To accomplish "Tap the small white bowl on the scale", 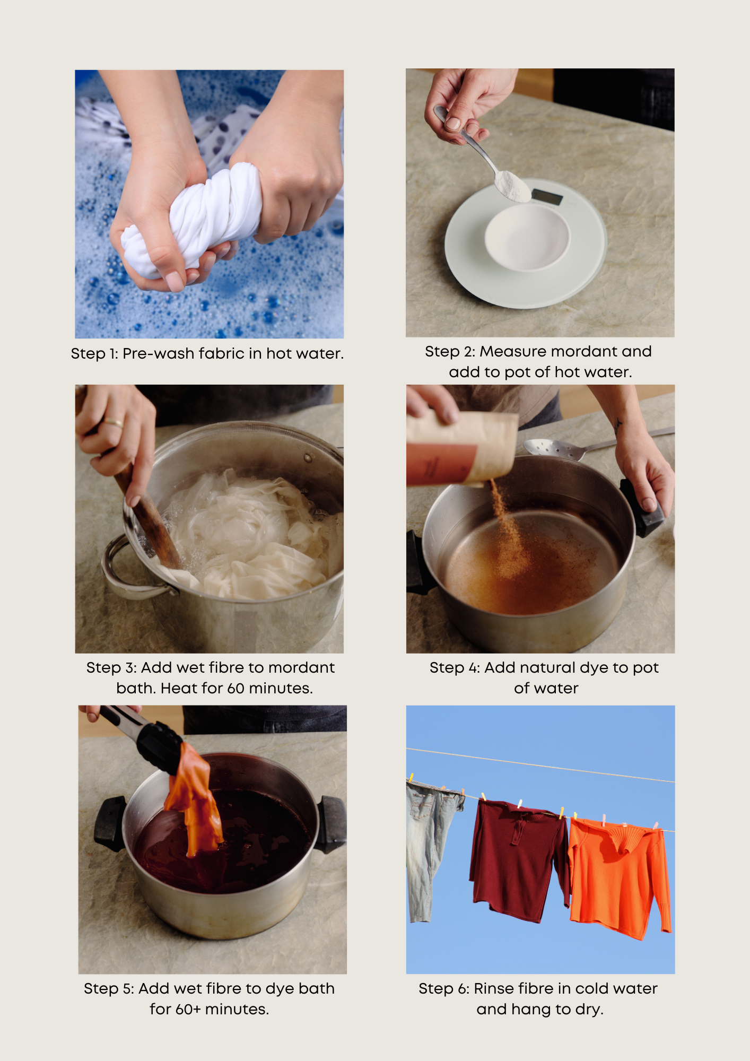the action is tap(527, 237).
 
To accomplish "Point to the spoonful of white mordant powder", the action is tap(512, 186).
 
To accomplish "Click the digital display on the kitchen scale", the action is tap(547, 197).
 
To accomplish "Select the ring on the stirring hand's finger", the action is tap(113, 423).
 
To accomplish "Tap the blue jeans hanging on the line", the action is tap(431, 849).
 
